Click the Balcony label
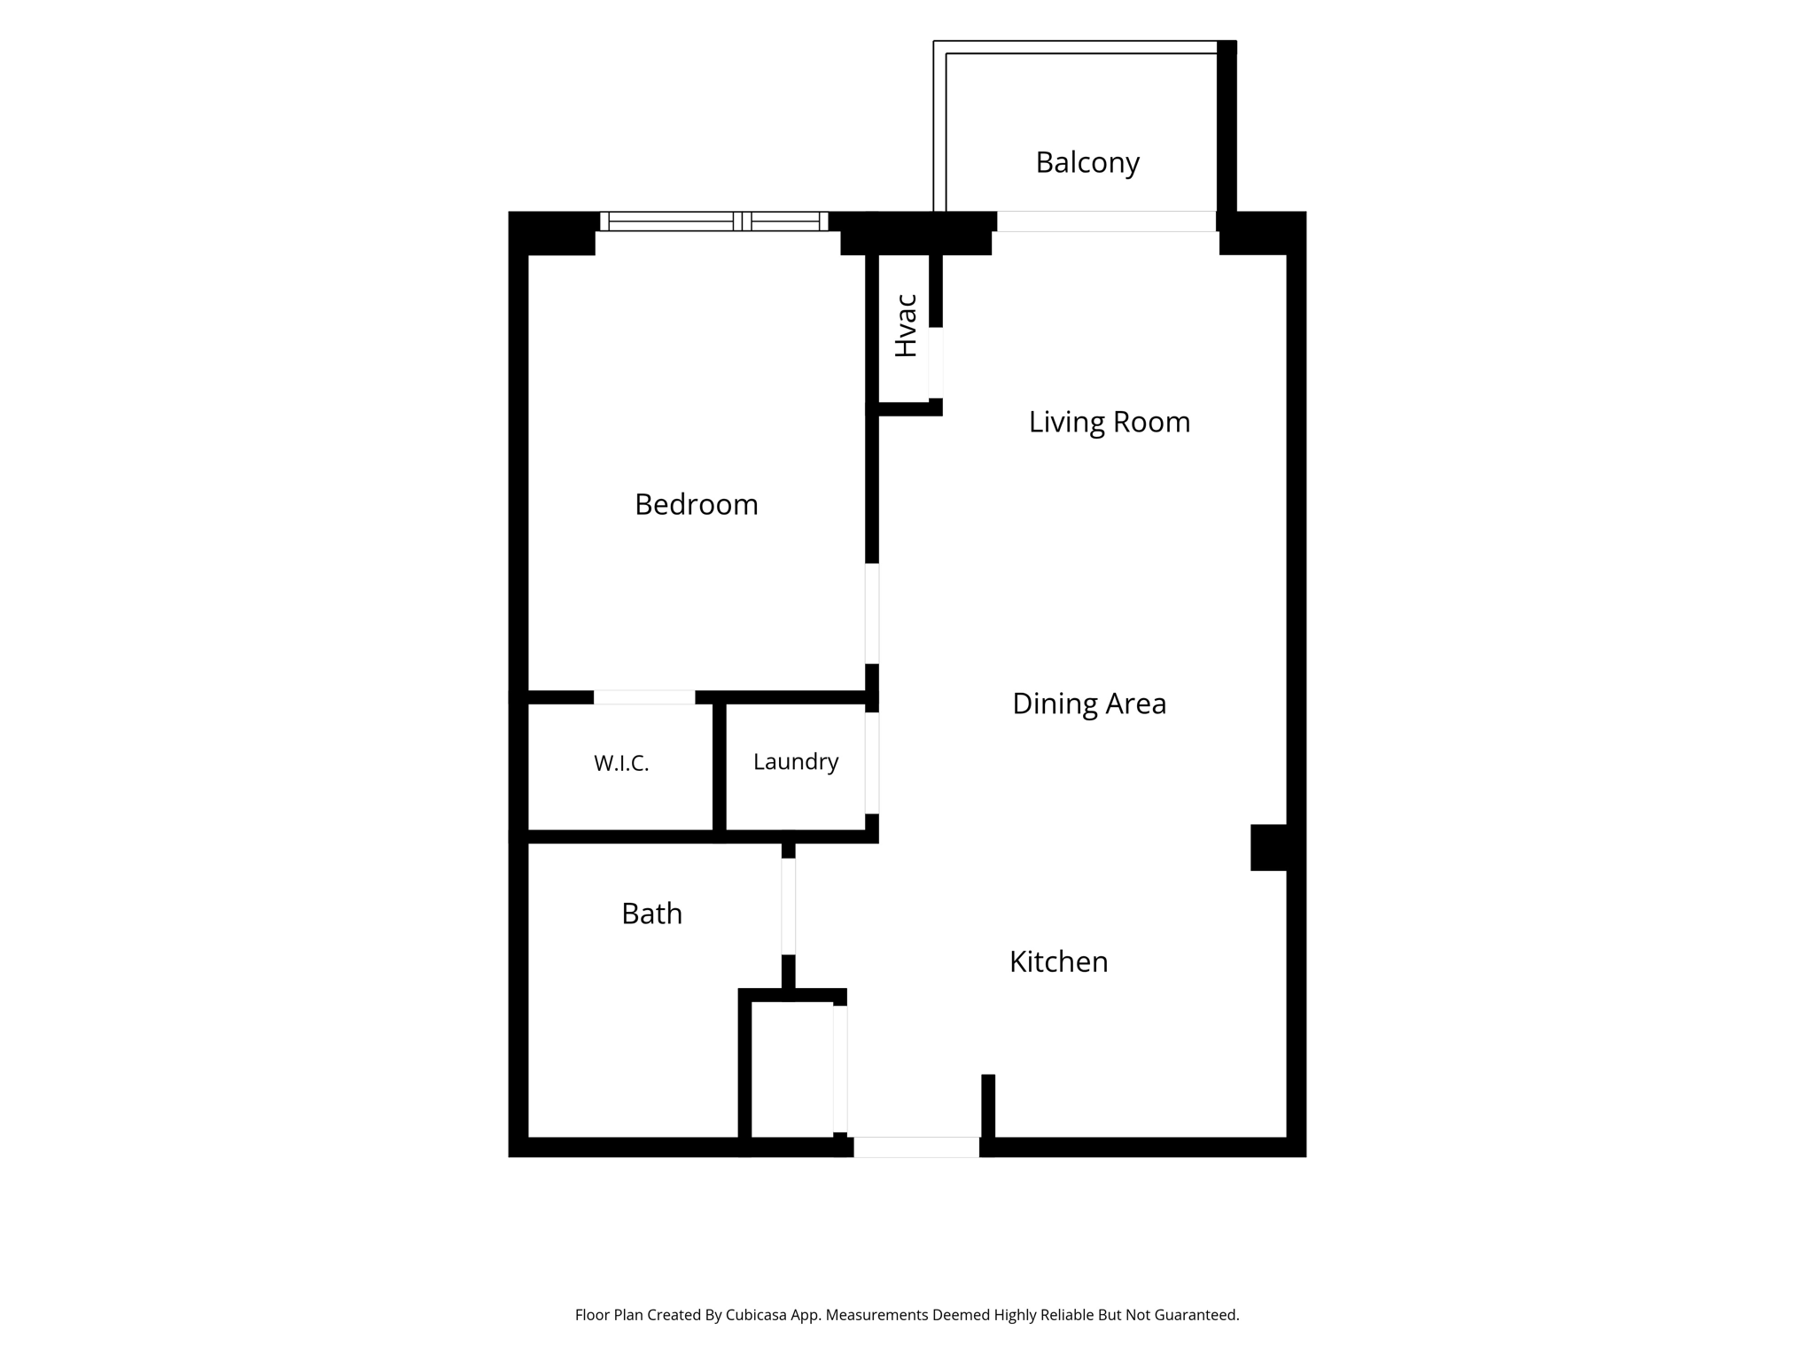[1087, 163]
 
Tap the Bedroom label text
[697, 505]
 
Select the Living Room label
[1109, 422]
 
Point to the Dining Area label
[1089, 704]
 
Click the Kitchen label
[1058, 962]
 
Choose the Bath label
[652, 914]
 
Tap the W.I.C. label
[621, 763]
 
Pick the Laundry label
[796, 762]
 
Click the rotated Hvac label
[906, 325]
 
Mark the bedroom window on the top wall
[714, 222]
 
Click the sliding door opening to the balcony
[1106, 222]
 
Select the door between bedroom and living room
[872, 613]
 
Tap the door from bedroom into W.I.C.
[644, 697]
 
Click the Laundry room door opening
[872, 763]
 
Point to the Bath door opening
[789, 906]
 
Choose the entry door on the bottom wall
[916, 1147]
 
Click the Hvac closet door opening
[936, 363]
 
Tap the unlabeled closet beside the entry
[792, 1069]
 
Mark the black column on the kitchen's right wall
[1268, 848]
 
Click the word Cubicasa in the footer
[759, 1316]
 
